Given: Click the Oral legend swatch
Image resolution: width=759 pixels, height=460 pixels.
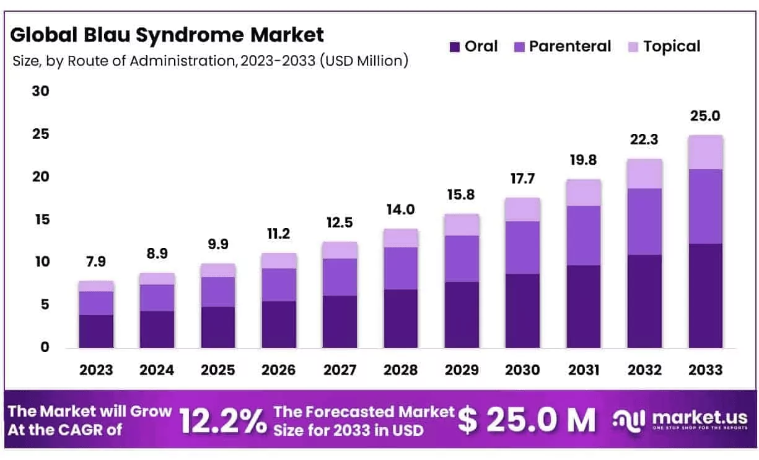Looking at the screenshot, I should pos(455,46).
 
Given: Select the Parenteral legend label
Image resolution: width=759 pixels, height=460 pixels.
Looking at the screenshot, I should pos(569,46).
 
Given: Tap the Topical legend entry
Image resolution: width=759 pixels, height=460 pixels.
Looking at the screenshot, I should pos(672,46).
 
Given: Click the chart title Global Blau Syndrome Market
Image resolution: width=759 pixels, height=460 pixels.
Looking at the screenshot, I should pos(167,35).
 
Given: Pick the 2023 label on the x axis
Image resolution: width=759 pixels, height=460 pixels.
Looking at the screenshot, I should pos(96,370).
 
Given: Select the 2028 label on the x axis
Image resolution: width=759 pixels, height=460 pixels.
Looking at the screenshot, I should pos(400,370).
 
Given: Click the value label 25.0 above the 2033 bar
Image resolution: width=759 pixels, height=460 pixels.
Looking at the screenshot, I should pos(705,116).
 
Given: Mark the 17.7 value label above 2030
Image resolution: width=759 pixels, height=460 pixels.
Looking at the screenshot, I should pos(522,179).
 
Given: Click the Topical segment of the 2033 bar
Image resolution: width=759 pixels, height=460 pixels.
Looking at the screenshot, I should pos(705,152).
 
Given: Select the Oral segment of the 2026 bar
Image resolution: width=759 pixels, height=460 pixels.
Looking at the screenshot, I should pos(279,324).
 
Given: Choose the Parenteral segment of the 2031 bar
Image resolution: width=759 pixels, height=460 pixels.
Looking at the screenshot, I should pos(583,236).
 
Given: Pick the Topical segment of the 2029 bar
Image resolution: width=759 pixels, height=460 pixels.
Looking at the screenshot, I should pos(461,224).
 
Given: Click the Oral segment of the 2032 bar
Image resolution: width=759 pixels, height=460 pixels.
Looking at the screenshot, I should pos(644,301).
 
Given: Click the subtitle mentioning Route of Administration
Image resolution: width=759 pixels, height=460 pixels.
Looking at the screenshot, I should pos(211,61).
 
